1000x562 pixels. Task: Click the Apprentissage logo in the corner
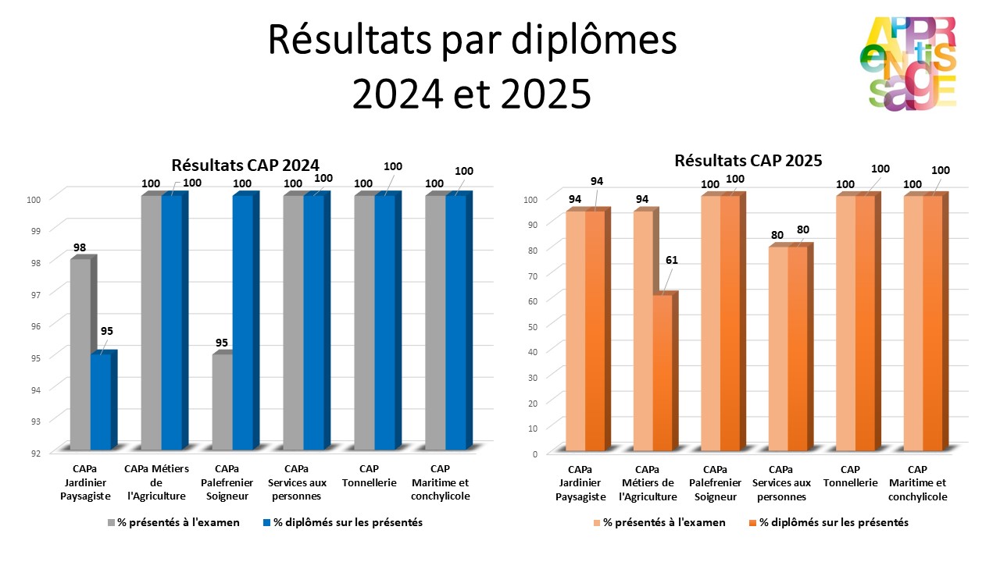pyautogui.click(x=912, y=63)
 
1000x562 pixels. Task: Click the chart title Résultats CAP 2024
pyautogui.click(x=245, y=165)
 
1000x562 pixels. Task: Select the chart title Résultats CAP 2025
pyautogui.click(x=748, y=161)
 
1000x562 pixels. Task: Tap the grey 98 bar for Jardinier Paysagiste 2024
pyautogui.click(x=80, y=355)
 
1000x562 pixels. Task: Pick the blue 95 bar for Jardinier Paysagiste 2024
pyautogui.click(x=101, y=402)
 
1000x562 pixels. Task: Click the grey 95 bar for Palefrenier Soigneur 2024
pyautogui.click(x=222, y=403)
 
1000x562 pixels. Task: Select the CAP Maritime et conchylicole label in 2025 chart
pyautogui.click(x=917, y=483)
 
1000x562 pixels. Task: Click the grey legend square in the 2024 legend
pyautogui.click(x=112, y=522)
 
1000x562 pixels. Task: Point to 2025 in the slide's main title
pyautogui.click(x=534, y=94)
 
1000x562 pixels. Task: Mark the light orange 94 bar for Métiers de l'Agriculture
pyautogui.click(x=643, y=332)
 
